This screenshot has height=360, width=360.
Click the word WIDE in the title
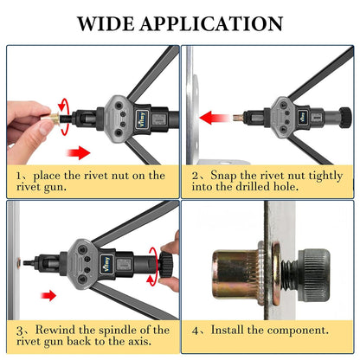pyautogui.click(x=106, y=23)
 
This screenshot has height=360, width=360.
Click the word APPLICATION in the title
pyautogui.click(x=211, y=23)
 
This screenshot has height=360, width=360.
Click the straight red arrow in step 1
pyautogui.click(x=78, y=152)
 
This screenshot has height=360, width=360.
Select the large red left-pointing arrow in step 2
pyautogui.click(x=215, y=118)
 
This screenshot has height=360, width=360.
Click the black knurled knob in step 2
pyautogui.click(x=345, y=118)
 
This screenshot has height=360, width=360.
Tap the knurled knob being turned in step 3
pyautogui.click(x=166, y=264)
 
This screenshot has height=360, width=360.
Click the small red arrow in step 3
pyautogui.click(x=48, y=295)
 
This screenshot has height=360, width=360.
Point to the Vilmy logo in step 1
pyautogui.click(x=142, y=119)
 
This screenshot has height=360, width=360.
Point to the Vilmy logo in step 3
pyautogui.click(x=107, y=263)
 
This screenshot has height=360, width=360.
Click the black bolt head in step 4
pyautogui.click(x=314, y=274)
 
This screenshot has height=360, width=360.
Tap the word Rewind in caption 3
pyautogui.click(x=55, y=330)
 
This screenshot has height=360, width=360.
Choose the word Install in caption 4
pyautogui.click(x=228, y=330)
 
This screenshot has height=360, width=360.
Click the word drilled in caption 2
pyautogui.click(x=252, y=187)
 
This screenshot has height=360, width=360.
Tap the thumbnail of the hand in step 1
pyautogui.click(x=45, y=129)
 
